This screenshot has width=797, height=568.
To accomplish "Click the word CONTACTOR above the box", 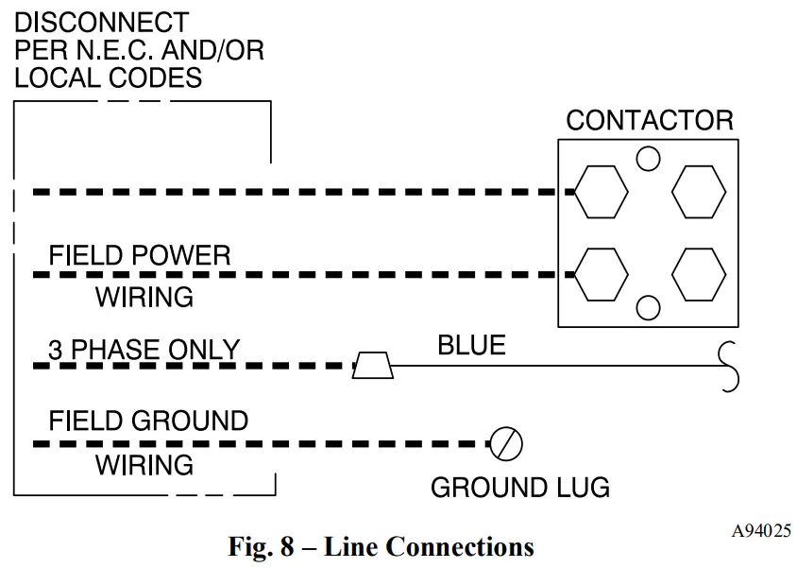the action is click(x=650, y=121).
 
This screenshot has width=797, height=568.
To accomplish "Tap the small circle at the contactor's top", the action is click(x=648, y=158).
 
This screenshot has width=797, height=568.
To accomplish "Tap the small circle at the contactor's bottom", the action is click(x=648, y=308).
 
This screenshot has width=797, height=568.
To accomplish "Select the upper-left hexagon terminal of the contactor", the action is click(x=602, y=192).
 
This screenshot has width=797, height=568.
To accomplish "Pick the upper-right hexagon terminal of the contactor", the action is click(x=699, y=192).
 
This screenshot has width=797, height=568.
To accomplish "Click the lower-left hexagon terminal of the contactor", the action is click(x=602, y=275).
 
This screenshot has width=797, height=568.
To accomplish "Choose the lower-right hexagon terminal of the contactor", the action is click(x=699, y=275).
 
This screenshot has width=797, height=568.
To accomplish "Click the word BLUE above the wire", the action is click(x=472, y=345).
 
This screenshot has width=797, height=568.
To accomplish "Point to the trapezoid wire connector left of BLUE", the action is click(x=373, y=365).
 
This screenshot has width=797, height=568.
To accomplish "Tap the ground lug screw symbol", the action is click(x=506, y=444).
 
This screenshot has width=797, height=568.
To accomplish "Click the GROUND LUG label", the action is click(x=520, y=487).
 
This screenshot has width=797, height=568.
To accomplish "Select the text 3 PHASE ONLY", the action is click(x=144, y=350).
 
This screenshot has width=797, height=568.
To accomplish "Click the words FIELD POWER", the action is click(x=139, y=255).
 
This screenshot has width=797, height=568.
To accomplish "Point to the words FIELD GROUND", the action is click(x=148, y=422).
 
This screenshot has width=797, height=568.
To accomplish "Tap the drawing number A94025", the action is click(x=761, y=531).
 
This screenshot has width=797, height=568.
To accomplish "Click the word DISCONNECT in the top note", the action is click(x=102, y=23).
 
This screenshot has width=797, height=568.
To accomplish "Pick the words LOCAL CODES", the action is click(x=109, y=77).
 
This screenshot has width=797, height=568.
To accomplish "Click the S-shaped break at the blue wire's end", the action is click(x=729, y=366).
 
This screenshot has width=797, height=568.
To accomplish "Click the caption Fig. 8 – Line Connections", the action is click(x=382, y=547).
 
